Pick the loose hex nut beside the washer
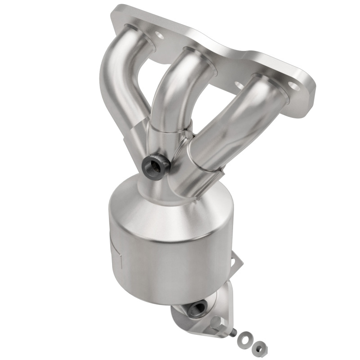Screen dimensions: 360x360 [258, 346]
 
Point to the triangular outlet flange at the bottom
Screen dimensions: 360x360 [211, 315]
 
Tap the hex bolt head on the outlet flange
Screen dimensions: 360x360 [216, 322]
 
